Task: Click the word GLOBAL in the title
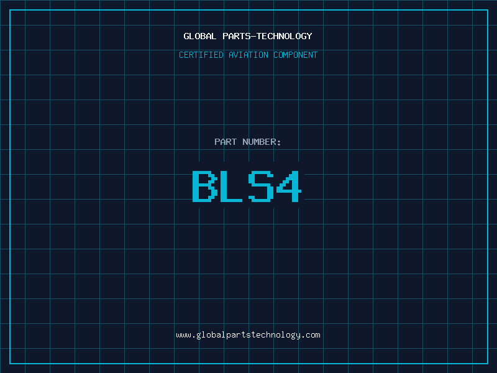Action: (199, 36)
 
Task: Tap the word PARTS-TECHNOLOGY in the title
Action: (267, 36)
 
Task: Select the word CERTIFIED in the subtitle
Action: (201, 55)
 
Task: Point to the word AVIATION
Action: (248, 55)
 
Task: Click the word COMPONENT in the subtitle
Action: (296, 55)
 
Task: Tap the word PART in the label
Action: (226, 142)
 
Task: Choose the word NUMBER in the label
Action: (259, 142)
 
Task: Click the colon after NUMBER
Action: (279, 143)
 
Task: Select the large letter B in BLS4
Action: (205, 186)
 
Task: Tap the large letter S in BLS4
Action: (261, 186)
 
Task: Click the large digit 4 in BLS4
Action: (288, 186)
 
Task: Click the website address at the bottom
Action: (248, 335)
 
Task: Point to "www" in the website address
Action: (183, 336)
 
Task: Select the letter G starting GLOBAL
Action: (186, 36)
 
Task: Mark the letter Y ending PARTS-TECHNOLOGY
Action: (309, 36)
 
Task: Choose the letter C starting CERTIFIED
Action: (181, 55)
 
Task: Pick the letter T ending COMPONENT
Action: (316, 55)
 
